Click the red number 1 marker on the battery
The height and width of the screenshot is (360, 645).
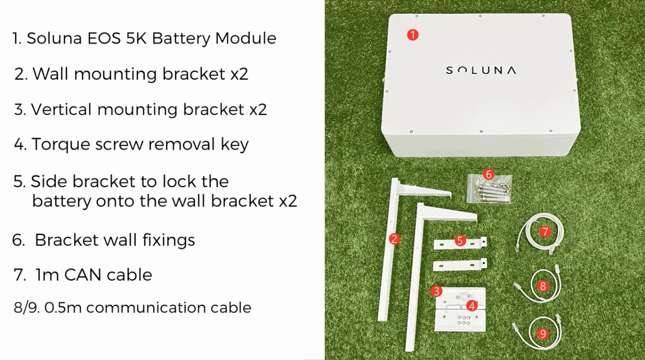coord(413,35)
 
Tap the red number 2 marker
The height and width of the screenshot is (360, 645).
coord(393,239)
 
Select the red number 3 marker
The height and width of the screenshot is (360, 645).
coord(437,291)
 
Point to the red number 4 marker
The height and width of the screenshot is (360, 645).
coord(471,305)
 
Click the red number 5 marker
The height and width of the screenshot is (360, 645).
coord(459,240)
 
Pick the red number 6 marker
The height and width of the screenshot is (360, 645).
coord(489,175)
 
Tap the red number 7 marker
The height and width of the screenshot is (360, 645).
coord(545,231)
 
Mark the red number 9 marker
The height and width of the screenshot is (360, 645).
coord(543,333)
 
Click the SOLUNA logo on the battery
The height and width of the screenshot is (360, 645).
coord(481,70)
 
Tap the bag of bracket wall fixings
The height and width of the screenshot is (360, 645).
coord(489,190)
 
